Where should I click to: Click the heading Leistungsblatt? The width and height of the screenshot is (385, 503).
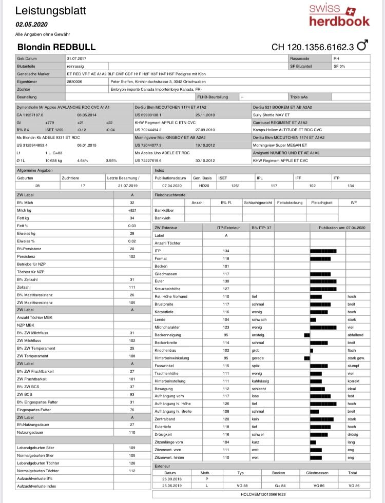[x=51, y=11]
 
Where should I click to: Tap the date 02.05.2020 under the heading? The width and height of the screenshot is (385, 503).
[x=31, y=24]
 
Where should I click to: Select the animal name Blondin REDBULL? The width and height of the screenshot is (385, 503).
[x=56, y=47]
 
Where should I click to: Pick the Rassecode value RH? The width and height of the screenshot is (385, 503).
[x=337, y=59]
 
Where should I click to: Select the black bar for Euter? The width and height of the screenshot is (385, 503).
[x=323, y=281]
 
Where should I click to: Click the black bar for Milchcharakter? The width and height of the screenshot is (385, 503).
[x=323, y=327]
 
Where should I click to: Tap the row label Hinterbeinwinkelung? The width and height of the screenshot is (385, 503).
[x=172, y=357]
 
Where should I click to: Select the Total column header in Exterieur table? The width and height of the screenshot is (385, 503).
[x=352, y=472]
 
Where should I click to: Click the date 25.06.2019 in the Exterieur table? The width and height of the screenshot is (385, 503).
[x=170, y=486]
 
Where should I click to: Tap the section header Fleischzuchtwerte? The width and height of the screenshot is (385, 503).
[x=171, y=196]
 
